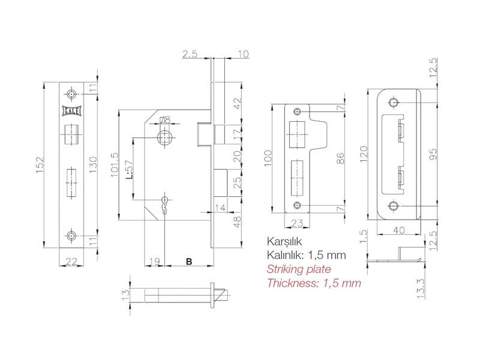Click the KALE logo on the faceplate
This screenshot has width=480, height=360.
[71, 110]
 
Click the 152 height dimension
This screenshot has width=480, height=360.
[40, 166]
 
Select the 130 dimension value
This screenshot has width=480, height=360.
[94, 164]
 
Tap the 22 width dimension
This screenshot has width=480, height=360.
[71, 262]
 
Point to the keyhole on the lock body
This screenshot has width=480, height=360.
[165, 203]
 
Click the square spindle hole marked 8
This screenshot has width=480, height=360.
[165, 139]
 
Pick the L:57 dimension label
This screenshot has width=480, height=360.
[129, 170]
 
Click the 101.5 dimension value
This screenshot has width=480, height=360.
[114, 166]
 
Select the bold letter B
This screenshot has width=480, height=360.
[189, 262]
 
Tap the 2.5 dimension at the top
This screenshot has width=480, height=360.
[190, 54]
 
